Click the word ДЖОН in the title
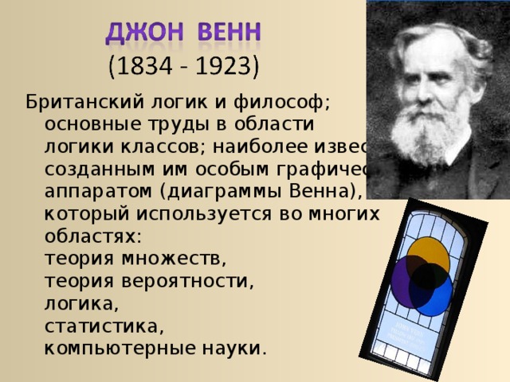146,33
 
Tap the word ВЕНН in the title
231,33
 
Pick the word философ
283,103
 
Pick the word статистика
104,326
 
